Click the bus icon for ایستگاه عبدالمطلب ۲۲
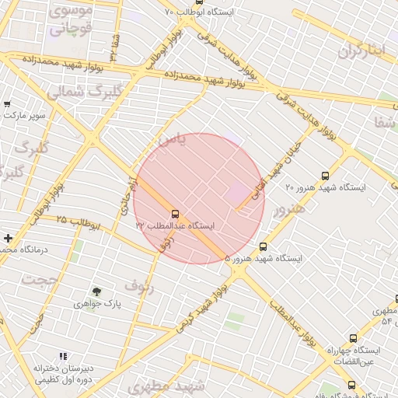174,213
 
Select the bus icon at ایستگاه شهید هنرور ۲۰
325,176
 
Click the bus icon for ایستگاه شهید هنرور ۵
263,246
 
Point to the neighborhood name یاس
172,140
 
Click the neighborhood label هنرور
289,208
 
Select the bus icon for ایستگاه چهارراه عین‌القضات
354,338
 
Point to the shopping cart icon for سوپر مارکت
7,104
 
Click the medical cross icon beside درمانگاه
8,238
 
